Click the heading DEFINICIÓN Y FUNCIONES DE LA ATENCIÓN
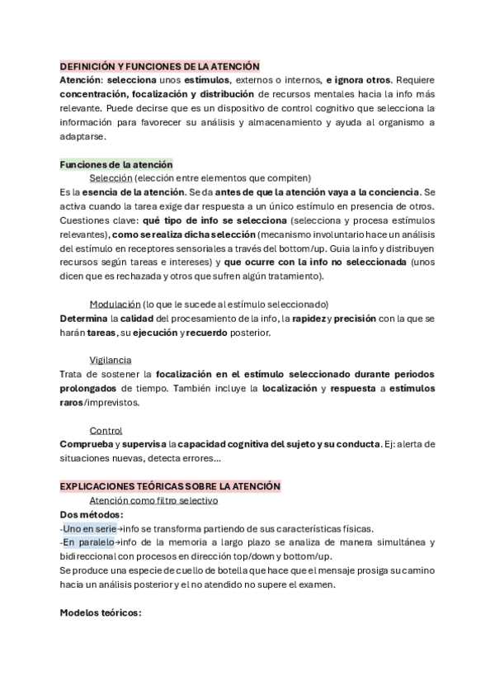click(x=160, y=66)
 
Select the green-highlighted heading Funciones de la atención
click(x=116, y=164)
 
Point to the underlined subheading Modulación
click(x=115, y=304)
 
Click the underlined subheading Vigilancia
click(x=111, y=360)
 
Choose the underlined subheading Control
click(x=106, y=430)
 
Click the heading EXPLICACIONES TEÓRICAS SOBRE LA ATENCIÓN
click(x=171, y=486)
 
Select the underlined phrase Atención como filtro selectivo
click(x=153, y=500)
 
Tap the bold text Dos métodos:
click(x=92, y=514)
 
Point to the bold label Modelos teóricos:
click(x=101, y=612)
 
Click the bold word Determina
click(x=86, y=318)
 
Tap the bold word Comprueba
click(x=86, y=444)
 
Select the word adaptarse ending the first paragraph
click(x=83, y=136)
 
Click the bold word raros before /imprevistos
click(x=72, y=402)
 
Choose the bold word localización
click(x=290, y=388)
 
